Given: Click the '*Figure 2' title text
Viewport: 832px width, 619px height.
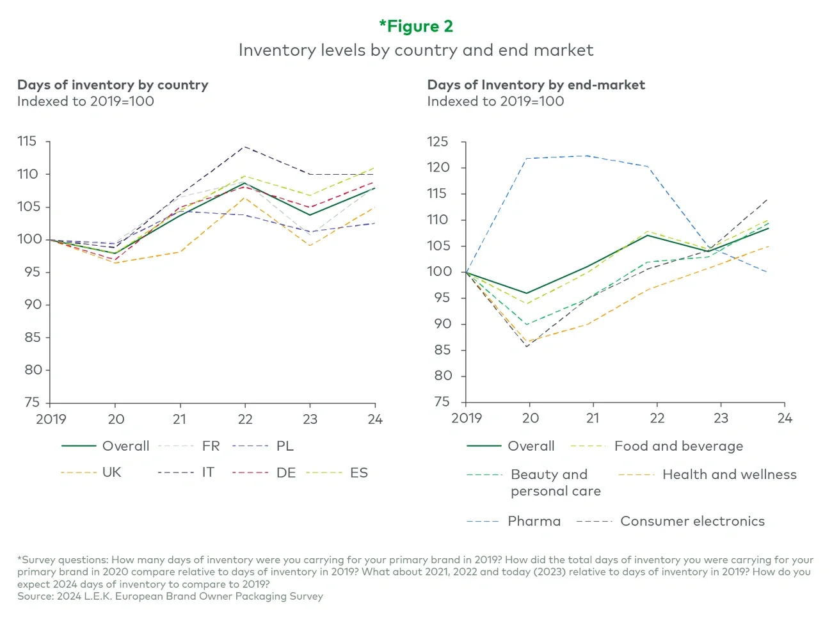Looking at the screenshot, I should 416,26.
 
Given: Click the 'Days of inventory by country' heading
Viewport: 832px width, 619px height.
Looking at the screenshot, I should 113,84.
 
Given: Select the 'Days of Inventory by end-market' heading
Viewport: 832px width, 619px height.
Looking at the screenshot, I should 536,84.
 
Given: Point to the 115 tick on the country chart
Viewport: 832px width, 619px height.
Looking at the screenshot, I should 27,141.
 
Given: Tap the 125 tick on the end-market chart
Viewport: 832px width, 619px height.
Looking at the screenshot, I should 438,142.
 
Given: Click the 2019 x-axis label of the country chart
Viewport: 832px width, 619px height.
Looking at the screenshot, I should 51,419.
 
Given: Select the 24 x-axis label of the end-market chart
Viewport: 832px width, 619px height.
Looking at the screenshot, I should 785,419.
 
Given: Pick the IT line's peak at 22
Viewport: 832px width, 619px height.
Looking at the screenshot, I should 244,147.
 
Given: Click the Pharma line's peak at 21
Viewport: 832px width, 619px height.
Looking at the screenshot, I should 589,156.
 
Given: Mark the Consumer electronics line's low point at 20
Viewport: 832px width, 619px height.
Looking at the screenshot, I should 527,346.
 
